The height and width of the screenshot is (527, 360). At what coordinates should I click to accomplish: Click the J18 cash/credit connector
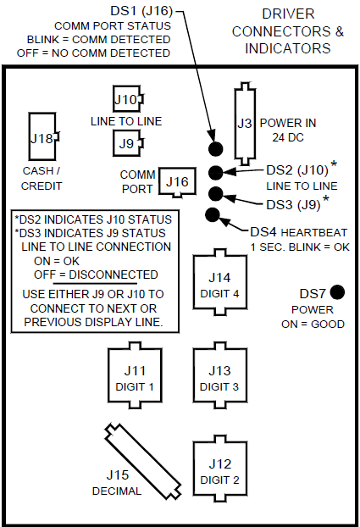[43, 138]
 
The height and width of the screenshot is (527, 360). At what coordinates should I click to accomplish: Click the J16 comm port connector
[176, 180]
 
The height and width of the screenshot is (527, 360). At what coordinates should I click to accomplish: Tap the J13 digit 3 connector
[219, 375]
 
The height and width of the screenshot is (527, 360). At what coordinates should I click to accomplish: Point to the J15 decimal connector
[143, 461]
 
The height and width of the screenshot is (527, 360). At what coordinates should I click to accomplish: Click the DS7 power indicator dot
[338, 292]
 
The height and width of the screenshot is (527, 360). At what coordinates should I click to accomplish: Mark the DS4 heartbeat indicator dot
[212, 214]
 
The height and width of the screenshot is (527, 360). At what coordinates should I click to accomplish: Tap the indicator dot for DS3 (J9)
[216, 194]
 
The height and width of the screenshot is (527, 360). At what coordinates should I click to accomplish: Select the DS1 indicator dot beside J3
[216, 150]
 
